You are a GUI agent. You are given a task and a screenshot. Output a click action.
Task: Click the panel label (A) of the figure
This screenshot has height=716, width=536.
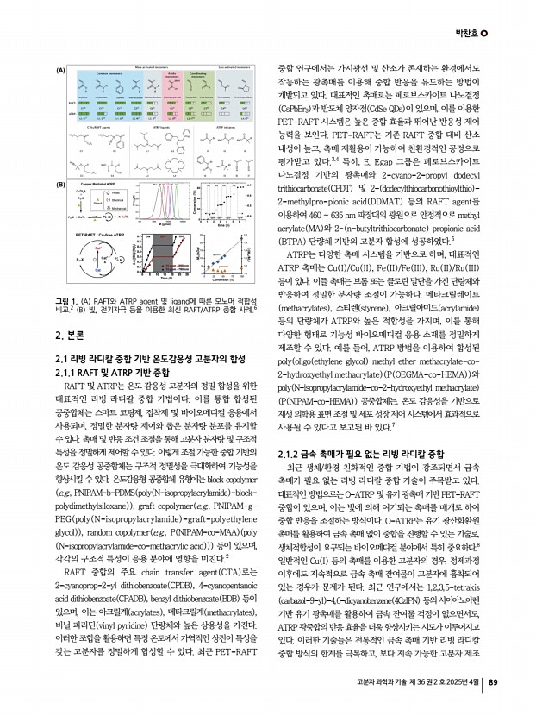(x=61, y=68)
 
